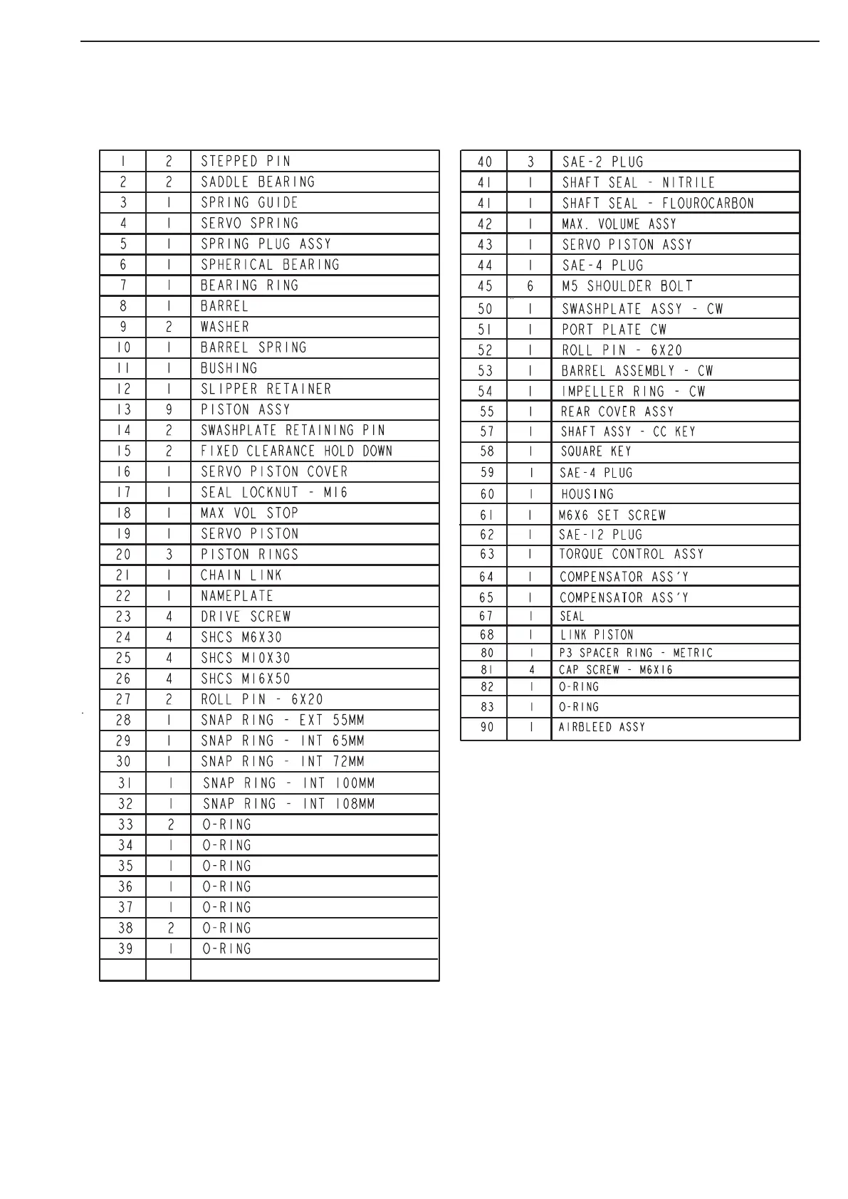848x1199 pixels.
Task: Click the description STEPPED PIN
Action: [x=246, y=161]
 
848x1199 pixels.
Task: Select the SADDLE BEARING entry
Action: [x=258, y=182]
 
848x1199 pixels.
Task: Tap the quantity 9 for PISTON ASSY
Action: [x=169, y=409]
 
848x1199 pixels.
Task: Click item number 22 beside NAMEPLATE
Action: [x=123, y=596]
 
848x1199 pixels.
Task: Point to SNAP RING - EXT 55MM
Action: [x=283, y=720]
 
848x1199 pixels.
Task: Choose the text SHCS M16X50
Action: [x=246, y=679]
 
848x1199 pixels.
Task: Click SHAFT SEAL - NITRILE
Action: [x=638, y=182]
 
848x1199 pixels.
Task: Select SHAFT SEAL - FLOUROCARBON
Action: [x=657, y=203]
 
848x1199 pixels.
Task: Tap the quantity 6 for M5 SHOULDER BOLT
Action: [x=530, y=286]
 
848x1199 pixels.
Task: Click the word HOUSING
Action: [x=587, y=493]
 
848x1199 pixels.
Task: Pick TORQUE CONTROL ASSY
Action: [x=632, y=554]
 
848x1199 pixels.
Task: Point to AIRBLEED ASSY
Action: [x=602, y=727]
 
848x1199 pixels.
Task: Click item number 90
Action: [x=487, y=727]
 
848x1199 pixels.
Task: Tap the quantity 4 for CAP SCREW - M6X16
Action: [x=531, y=669]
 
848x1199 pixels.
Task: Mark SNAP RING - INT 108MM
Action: [x=289, y=804]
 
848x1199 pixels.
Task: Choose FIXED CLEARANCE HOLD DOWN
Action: [x=296, y=451]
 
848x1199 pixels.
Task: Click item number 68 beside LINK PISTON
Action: [x=487, y=634]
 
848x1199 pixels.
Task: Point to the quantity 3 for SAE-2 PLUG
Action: [x=530, y=162]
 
